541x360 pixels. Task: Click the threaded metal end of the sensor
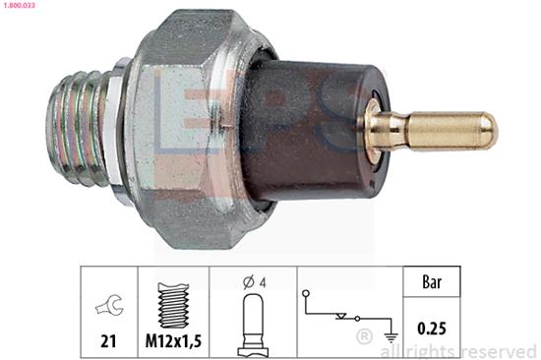coord(78,129)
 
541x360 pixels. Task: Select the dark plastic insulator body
coord(315,131)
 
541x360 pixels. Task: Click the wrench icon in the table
coord(109,305)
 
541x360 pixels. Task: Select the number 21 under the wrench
coord(108,341)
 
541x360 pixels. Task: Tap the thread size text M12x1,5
coord(173,341)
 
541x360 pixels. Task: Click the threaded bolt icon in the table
coord(173,305)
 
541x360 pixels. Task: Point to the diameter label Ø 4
coord(255,282)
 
